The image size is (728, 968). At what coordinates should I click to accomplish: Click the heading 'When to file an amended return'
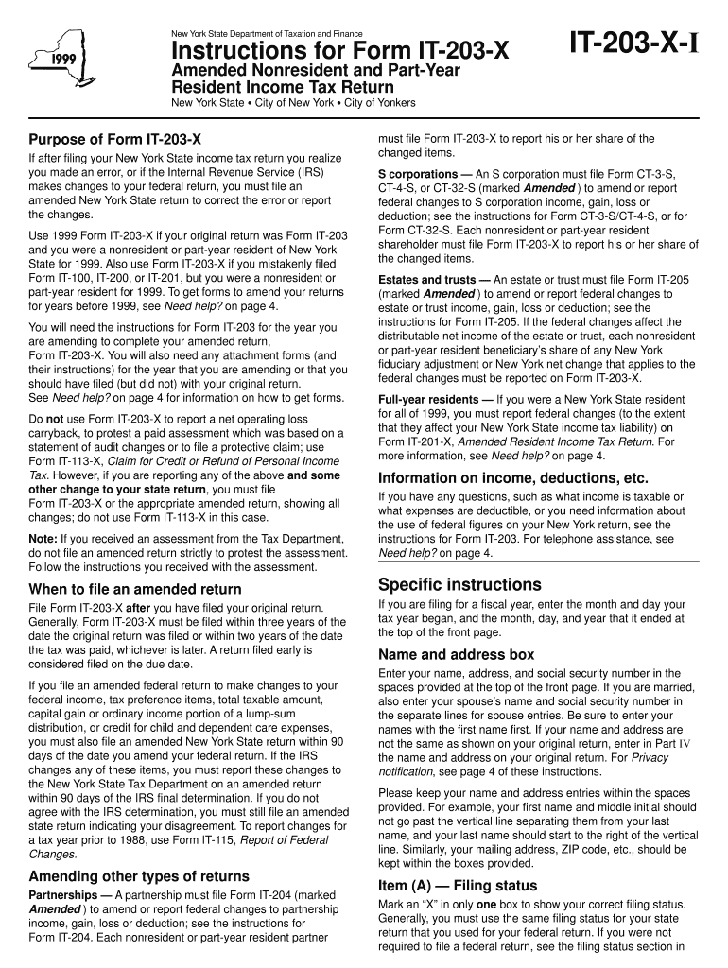pyautogui.click(x=135, y=589)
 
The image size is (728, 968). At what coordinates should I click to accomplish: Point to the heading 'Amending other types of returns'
pyautogui.click(x=139, y=875)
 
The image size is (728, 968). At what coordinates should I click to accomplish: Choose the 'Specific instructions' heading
pyautogui.click(x=459, y=584)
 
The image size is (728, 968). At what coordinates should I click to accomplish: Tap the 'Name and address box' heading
pyautogui.click(x=456, y=654)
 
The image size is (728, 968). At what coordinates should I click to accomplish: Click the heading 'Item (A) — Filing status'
pyautogui.click(x=457, y=886)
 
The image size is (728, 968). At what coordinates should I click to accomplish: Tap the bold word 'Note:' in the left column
pyautogui.click(x=43, y=538)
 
